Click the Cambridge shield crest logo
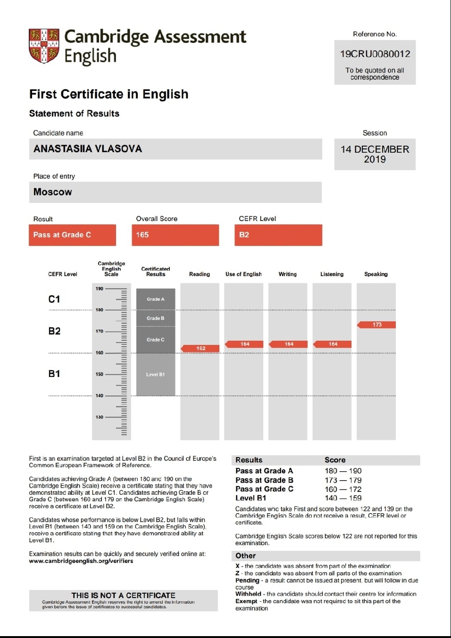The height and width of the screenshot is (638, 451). point(44,46)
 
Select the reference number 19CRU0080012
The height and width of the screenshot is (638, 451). point(375,54)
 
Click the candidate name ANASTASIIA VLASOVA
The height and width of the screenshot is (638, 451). point(88,149)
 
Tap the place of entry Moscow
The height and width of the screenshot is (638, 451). point(53,192)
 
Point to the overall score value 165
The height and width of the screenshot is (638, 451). point(142,235)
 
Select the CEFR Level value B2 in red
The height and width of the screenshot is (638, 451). point(244,235)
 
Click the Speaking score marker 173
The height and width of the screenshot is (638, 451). point(376,325)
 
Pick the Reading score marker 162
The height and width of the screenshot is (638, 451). point(200,348)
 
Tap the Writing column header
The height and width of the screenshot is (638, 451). point(287,274)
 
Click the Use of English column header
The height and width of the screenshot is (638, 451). point(243,274)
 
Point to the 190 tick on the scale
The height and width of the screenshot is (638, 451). point(100,288)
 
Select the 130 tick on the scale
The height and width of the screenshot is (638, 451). point(100,417)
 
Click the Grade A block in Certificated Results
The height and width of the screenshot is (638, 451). point(156,299)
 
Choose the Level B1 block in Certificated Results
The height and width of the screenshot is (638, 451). point(156,375)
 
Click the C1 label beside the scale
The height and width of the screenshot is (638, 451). point(54,299)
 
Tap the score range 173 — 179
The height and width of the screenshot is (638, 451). point(343,480)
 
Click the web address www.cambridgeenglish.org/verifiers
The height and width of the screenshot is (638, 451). point(81,561)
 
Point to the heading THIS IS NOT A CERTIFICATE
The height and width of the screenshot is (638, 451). point(123,595)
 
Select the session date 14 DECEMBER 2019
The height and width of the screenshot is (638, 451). point(375,154)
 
